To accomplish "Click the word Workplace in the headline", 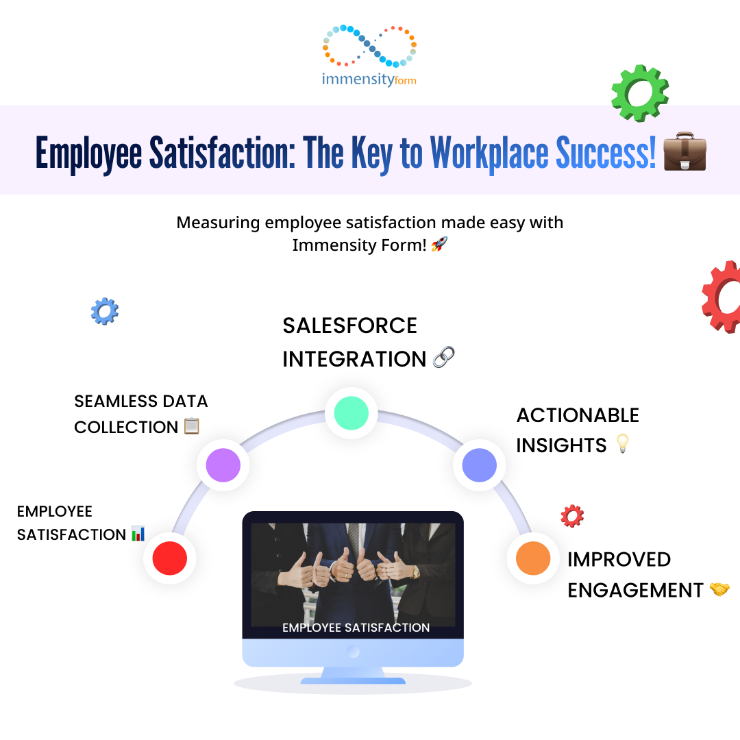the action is click(x=489, y=153).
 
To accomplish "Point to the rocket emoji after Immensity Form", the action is click(x=439, y=244).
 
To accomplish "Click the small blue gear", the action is click(x=105, y=312).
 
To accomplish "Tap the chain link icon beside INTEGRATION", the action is click(x=443, y=357).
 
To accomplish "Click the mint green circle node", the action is click(x=351, y=413).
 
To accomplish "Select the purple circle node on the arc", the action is click(x=223, y=465).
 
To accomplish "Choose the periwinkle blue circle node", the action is click(x=480, y=465).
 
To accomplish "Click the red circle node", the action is click(x=170, y=558).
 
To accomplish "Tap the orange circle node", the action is click(x=533, y=558).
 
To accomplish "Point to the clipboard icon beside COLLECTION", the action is click(x=192, y=425).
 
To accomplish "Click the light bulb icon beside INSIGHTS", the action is click(x=623, y=443).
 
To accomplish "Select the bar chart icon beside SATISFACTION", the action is click(x=138, y=534).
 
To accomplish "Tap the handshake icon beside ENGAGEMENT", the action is click(x=719, y=589).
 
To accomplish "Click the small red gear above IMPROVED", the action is click(x=572, y=516).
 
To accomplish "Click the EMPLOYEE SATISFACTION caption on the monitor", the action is click(x=356, y=628).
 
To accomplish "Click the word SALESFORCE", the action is click(x=349, y=325).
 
